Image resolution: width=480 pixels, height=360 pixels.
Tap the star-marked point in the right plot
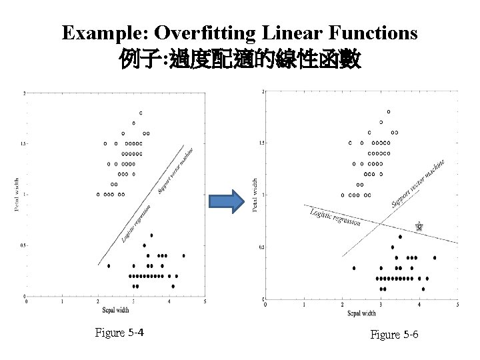(419, 227)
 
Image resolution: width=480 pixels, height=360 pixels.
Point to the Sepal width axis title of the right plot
(362, 313)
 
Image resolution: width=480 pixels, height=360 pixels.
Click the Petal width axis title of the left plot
(17, 193)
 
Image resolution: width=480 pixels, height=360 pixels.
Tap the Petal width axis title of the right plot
(255, 195)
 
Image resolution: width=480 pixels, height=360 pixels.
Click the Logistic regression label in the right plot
(335, 217)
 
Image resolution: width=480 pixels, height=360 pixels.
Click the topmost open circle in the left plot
(140, 113)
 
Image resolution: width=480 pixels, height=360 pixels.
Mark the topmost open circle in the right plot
(389, 111)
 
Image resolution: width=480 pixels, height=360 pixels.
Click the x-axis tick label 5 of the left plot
(205, 301)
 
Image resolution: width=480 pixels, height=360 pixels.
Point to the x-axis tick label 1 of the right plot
(304, 305)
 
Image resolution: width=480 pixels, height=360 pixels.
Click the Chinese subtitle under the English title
(240, 61)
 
